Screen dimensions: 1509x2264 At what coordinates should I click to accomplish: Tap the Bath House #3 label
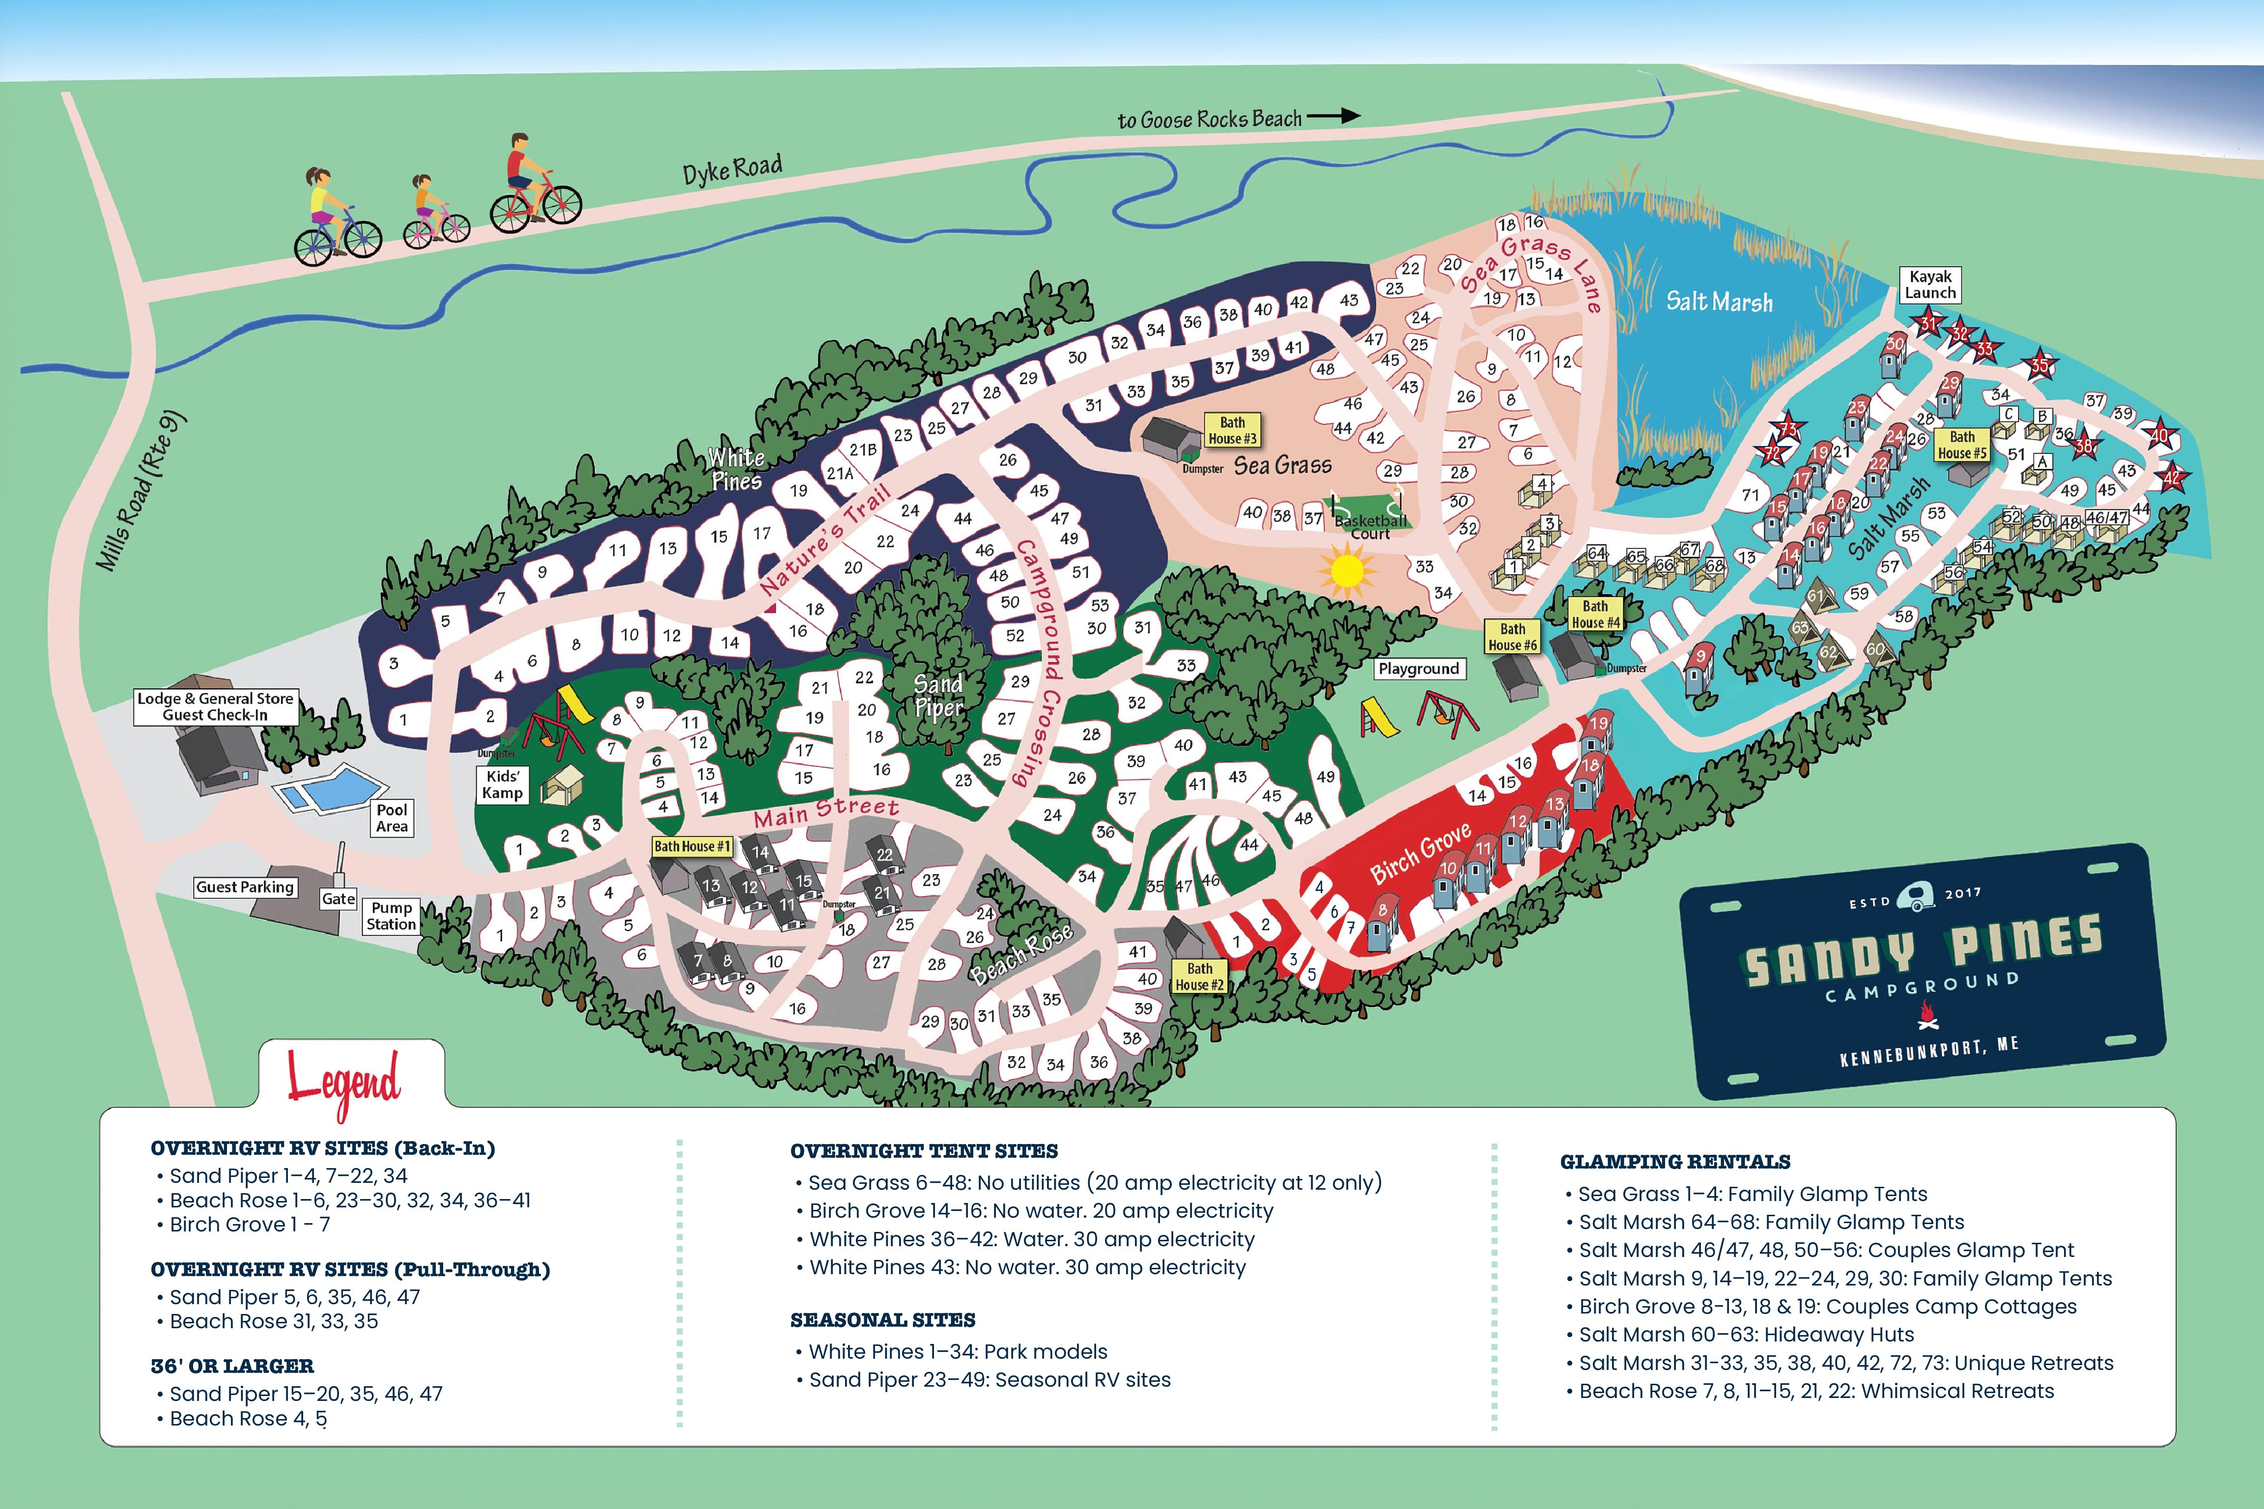[x=1232, y=430]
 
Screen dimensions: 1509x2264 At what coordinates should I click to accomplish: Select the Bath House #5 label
[x=1962, y=445]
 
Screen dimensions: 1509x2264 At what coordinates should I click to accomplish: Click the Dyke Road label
[x=732, y=169]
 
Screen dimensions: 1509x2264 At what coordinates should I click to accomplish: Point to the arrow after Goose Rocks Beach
[x=1334, y=115]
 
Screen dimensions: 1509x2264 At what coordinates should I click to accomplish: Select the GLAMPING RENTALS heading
[x=1675, y=1162]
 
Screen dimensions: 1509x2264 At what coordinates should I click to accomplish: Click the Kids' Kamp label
[x=503, y=784]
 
